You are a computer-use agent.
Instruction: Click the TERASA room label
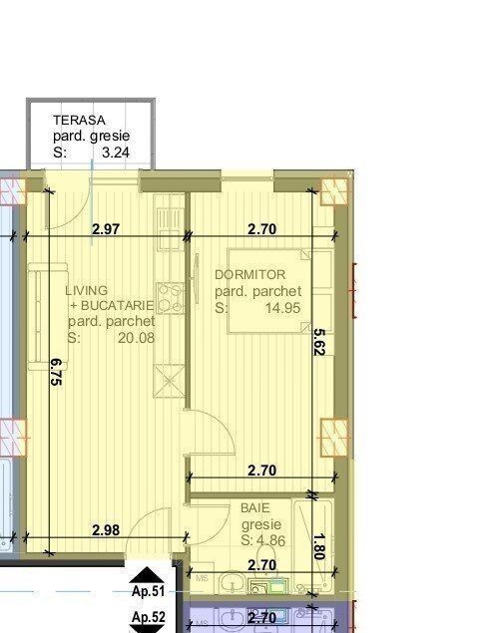(79, 120)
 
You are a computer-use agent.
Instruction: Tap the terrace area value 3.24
(116, 153)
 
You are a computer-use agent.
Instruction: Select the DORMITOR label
(249, 274)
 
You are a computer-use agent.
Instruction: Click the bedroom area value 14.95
(282, 308)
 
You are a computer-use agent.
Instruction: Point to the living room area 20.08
(136, 338)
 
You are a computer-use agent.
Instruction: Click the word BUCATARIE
(117, 306)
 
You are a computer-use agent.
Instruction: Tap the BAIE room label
(255, 507)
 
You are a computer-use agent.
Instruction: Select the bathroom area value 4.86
(270, 540)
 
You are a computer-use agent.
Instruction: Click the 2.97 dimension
(106, 229)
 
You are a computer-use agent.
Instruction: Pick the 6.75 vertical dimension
(55, 372)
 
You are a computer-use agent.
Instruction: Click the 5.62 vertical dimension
(319, 342)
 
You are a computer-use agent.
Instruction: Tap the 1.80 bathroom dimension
(319, 546)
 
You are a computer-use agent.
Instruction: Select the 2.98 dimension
(106, 530)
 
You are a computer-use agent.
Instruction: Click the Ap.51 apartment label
(149, 591)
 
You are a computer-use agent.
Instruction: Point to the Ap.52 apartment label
(149, 617)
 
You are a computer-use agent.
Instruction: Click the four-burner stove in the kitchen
(170, 298)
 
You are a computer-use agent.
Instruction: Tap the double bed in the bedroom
(280, 291)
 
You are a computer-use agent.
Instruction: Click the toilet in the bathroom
(266, 556)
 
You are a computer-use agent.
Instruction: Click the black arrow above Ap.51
(147, 575)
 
